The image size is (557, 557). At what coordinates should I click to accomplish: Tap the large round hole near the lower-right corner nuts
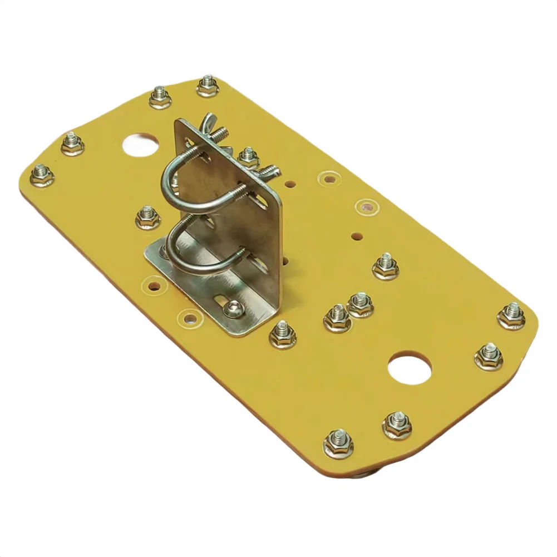(x=410, y=368)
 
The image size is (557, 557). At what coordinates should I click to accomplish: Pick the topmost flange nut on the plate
(x=208, y=85)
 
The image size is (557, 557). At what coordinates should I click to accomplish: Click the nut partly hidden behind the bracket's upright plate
(x=248, y=157)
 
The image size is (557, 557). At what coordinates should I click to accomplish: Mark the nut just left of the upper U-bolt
(x=147, y=216)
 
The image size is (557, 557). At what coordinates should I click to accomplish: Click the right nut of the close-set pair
(x=361, y=304)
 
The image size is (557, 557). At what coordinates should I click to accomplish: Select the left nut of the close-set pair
(x=338, y=317)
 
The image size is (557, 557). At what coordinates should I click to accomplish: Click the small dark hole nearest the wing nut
(x=289, y=181)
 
